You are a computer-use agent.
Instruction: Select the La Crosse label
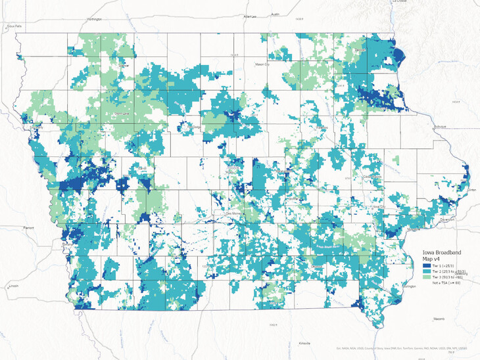tap(400, 2)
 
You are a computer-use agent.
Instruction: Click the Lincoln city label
tap(13, 287)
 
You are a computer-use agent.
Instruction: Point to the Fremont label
tap(29, 227)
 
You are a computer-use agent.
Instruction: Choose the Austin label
tap(276, 13)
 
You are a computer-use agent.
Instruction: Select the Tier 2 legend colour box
tap(427, 269)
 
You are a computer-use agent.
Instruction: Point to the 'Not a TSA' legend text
tap(448, 282)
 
